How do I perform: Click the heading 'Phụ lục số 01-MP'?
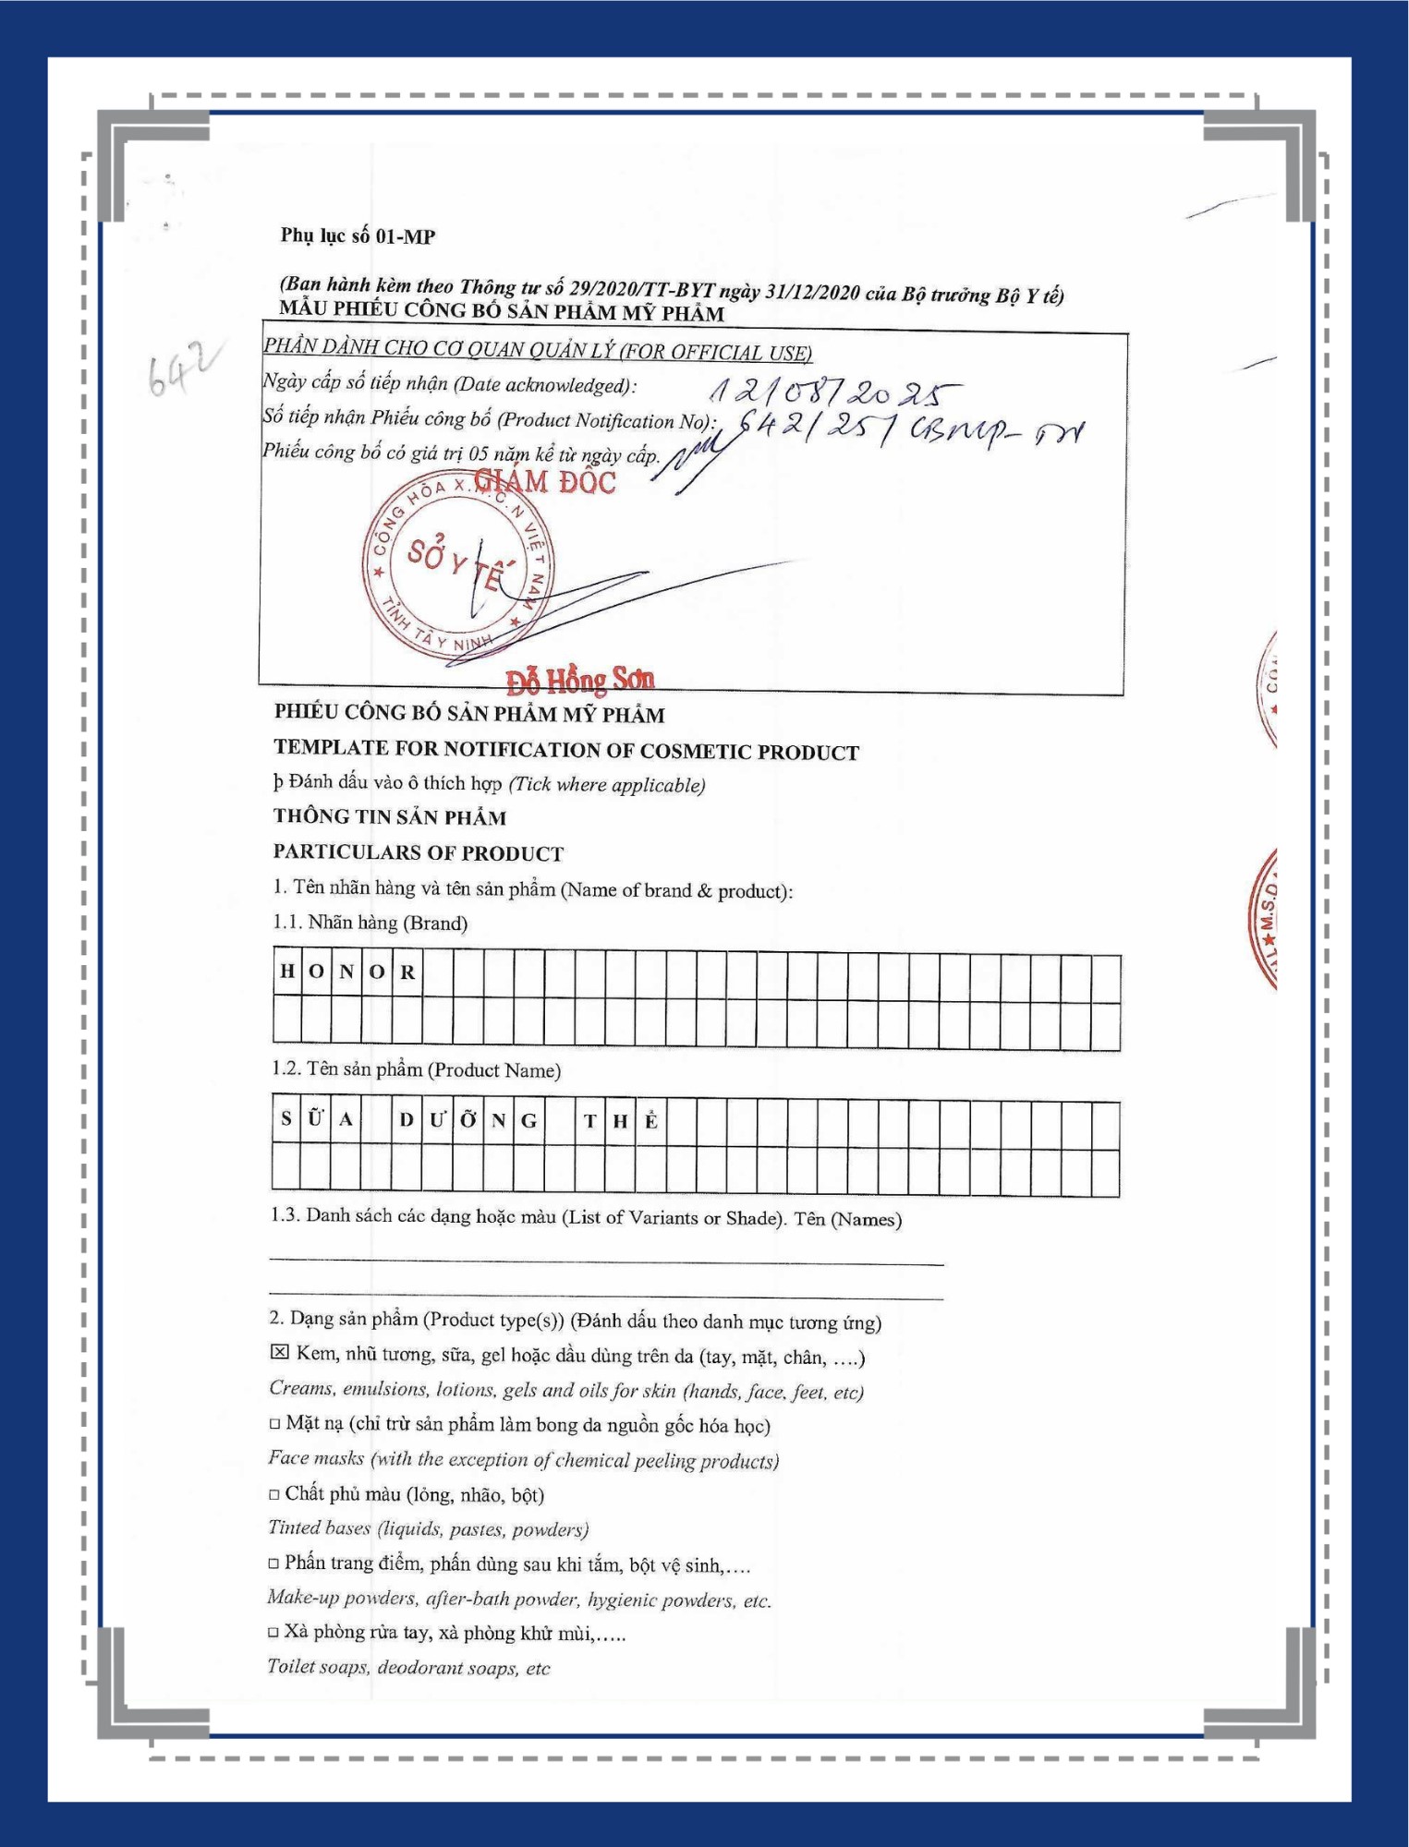pyautogui.click(x=358, y=236)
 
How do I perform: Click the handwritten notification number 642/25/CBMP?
pyautogui.click(x=910, y=429)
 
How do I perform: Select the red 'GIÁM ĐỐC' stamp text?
pyautogui.click(x=544, y=481)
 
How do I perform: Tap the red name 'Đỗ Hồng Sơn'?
pyautogui.click(x=580, y=680)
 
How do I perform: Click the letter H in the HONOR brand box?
pyautogui.click(x=287, y=971)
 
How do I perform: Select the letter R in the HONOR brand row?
pyautogui.click(x=407, y=972)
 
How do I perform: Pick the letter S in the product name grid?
pyautogui.click(x=286, y=1119)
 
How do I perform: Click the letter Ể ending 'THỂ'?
pyautogui.click(x=651, y=1121)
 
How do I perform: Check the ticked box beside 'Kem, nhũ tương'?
pyautogui.click(x=279, y=1352)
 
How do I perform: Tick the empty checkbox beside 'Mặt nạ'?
pyautogui.click(x=274, y=1423)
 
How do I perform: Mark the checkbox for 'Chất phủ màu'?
pyautogui.click(x=273, y=1493)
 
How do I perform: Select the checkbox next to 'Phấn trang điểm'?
pyautogui.click(x=273, y=1563)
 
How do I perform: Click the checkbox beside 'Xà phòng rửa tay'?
pyautogui.click(x=273, y=1632)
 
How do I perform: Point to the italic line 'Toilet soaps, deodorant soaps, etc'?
pyautogui.click(x=408, y=1667)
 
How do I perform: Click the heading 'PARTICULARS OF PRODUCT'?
pyautogui.click(x=419, y=852)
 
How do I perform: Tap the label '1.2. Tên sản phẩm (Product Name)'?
pyautogui.click(x=416, y=1069)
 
